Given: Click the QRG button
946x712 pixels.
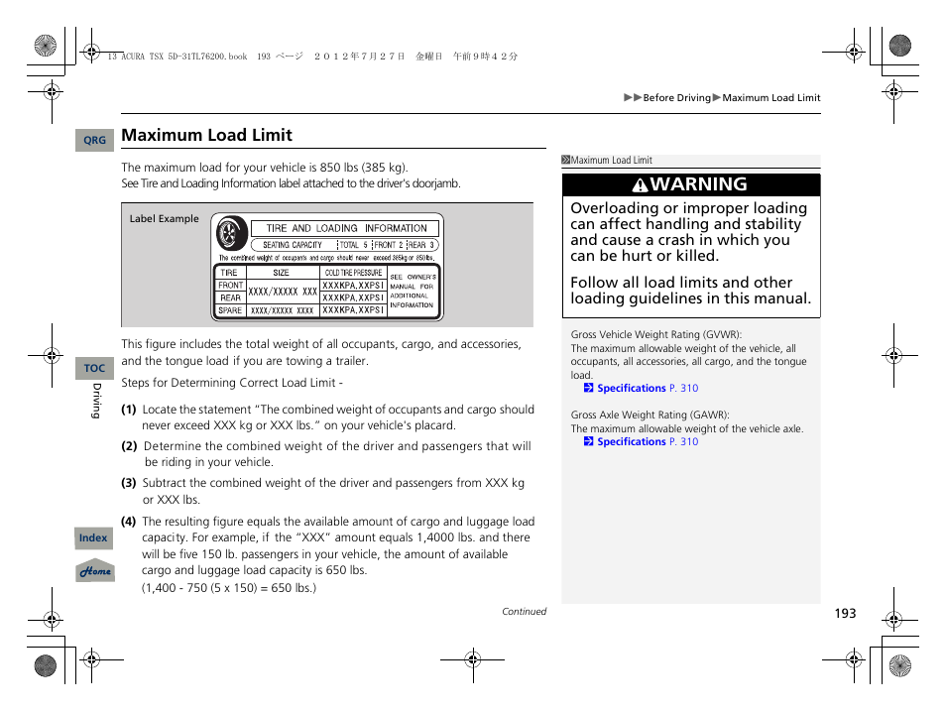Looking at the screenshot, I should (94, 141).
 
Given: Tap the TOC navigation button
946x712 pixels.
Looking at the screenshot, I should (94, 368).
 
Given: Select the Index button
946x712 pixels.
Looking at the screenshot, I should (94, 537).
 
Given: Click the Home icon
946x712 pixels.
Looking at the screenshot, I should (95, 571).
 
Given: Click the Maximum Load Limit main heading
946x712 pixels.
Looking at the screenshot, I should (206, 135).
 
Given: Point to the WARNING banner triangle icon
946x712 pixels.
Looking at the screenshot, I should (642, 185).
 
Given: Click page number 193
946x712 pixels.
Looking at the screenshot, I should (844, 614).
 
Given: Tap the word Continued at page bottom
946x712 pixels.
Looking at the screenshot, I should (524, 612).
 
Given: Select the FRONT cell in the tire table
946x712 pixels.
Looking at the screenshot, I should (230, 285).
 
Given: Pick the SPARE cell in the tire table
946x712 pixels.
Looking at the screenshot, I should (230, 310).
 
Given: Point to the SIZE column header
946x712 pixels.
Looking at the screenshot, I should (282, 272).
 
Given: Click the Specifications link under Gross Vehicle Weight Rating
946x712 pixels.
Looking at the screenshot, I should (631, 389).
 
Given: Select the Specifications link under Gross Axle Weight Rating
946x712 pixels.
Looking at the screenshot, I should (631, 442).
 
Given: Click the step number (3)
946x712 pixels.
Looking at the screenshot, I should (129, 483).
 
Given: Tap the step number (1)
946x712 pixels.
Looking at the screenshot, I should (129, 410).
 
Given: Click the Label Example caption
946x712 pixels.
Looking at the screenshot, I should (164, 219).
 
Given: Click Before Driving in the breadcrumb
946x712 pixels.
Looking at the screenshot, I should (676, 98).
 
